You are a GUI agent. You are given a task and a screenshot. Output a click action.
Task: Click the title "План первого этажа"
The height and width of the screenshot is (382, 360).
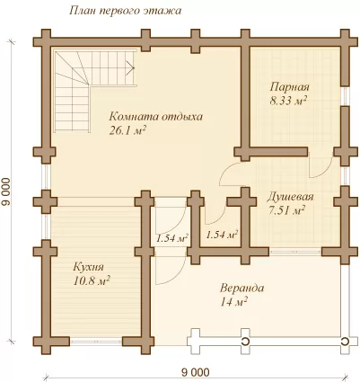point(126,11)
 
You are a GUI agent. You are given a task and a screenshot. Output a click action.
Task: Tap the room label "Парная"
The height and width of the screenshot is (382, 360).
point(289,87)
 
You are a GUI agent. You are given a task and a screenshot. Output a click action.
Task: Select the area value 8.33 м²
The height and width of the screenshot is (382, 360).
point(288,101)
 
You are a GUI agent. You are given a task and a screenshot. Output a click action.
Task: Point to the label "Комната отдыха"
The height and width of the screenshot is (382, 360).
point(155,117)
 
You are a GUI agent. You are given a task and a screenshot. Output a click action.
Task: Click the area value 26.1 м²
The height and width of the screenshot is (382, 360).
point(127,130)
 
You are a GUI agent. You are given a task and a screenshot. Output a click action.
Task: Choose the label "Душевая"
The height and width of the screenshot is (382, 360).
point(290,197)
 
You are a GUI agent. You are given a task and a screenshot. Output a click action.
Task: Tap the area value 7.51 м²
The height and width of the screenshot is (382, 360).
point(286,210)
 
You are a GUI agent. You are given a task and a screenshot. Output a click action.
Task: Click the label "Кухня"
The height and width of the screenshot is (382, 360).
point(88,267)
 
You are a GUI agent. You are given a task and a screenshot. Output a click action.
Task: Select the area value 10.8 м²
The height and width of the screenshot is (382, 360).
point(92,281)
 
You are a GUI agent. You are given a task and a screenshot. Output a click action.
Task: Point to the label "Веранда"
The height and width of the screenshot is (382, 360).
point(242,289)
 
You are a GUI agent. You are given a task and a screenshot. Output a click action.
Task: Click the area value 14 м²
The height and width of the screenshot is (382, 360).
point(233,302)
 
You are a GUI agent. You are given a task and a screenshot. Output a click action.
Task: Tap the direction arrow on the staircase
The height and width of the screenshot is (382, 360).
point(130,67)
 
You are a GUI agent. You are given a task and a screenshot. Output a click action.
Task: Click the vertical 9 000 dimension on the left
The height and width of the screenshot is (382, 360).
point(6,192)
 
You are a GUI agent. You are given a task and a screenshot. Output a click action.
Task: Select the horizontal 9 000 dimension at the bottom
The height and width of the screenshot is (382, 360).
point(196,373)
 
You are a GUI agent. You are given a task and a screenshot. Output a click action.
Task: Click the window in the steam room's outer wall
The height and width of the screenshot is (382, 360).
point(345,96)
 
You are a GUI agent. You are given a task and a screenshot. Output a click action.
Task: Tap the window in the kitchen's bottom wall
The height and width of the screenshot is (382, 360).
point(96,342)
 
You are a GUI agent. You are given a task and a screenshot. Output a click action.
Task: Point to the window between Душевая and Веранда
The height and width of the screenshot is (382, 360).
point(295,252)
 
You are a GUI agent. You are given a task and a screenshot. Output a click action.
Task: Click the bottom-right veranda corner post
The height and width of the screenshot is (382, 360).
point(347,342)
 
